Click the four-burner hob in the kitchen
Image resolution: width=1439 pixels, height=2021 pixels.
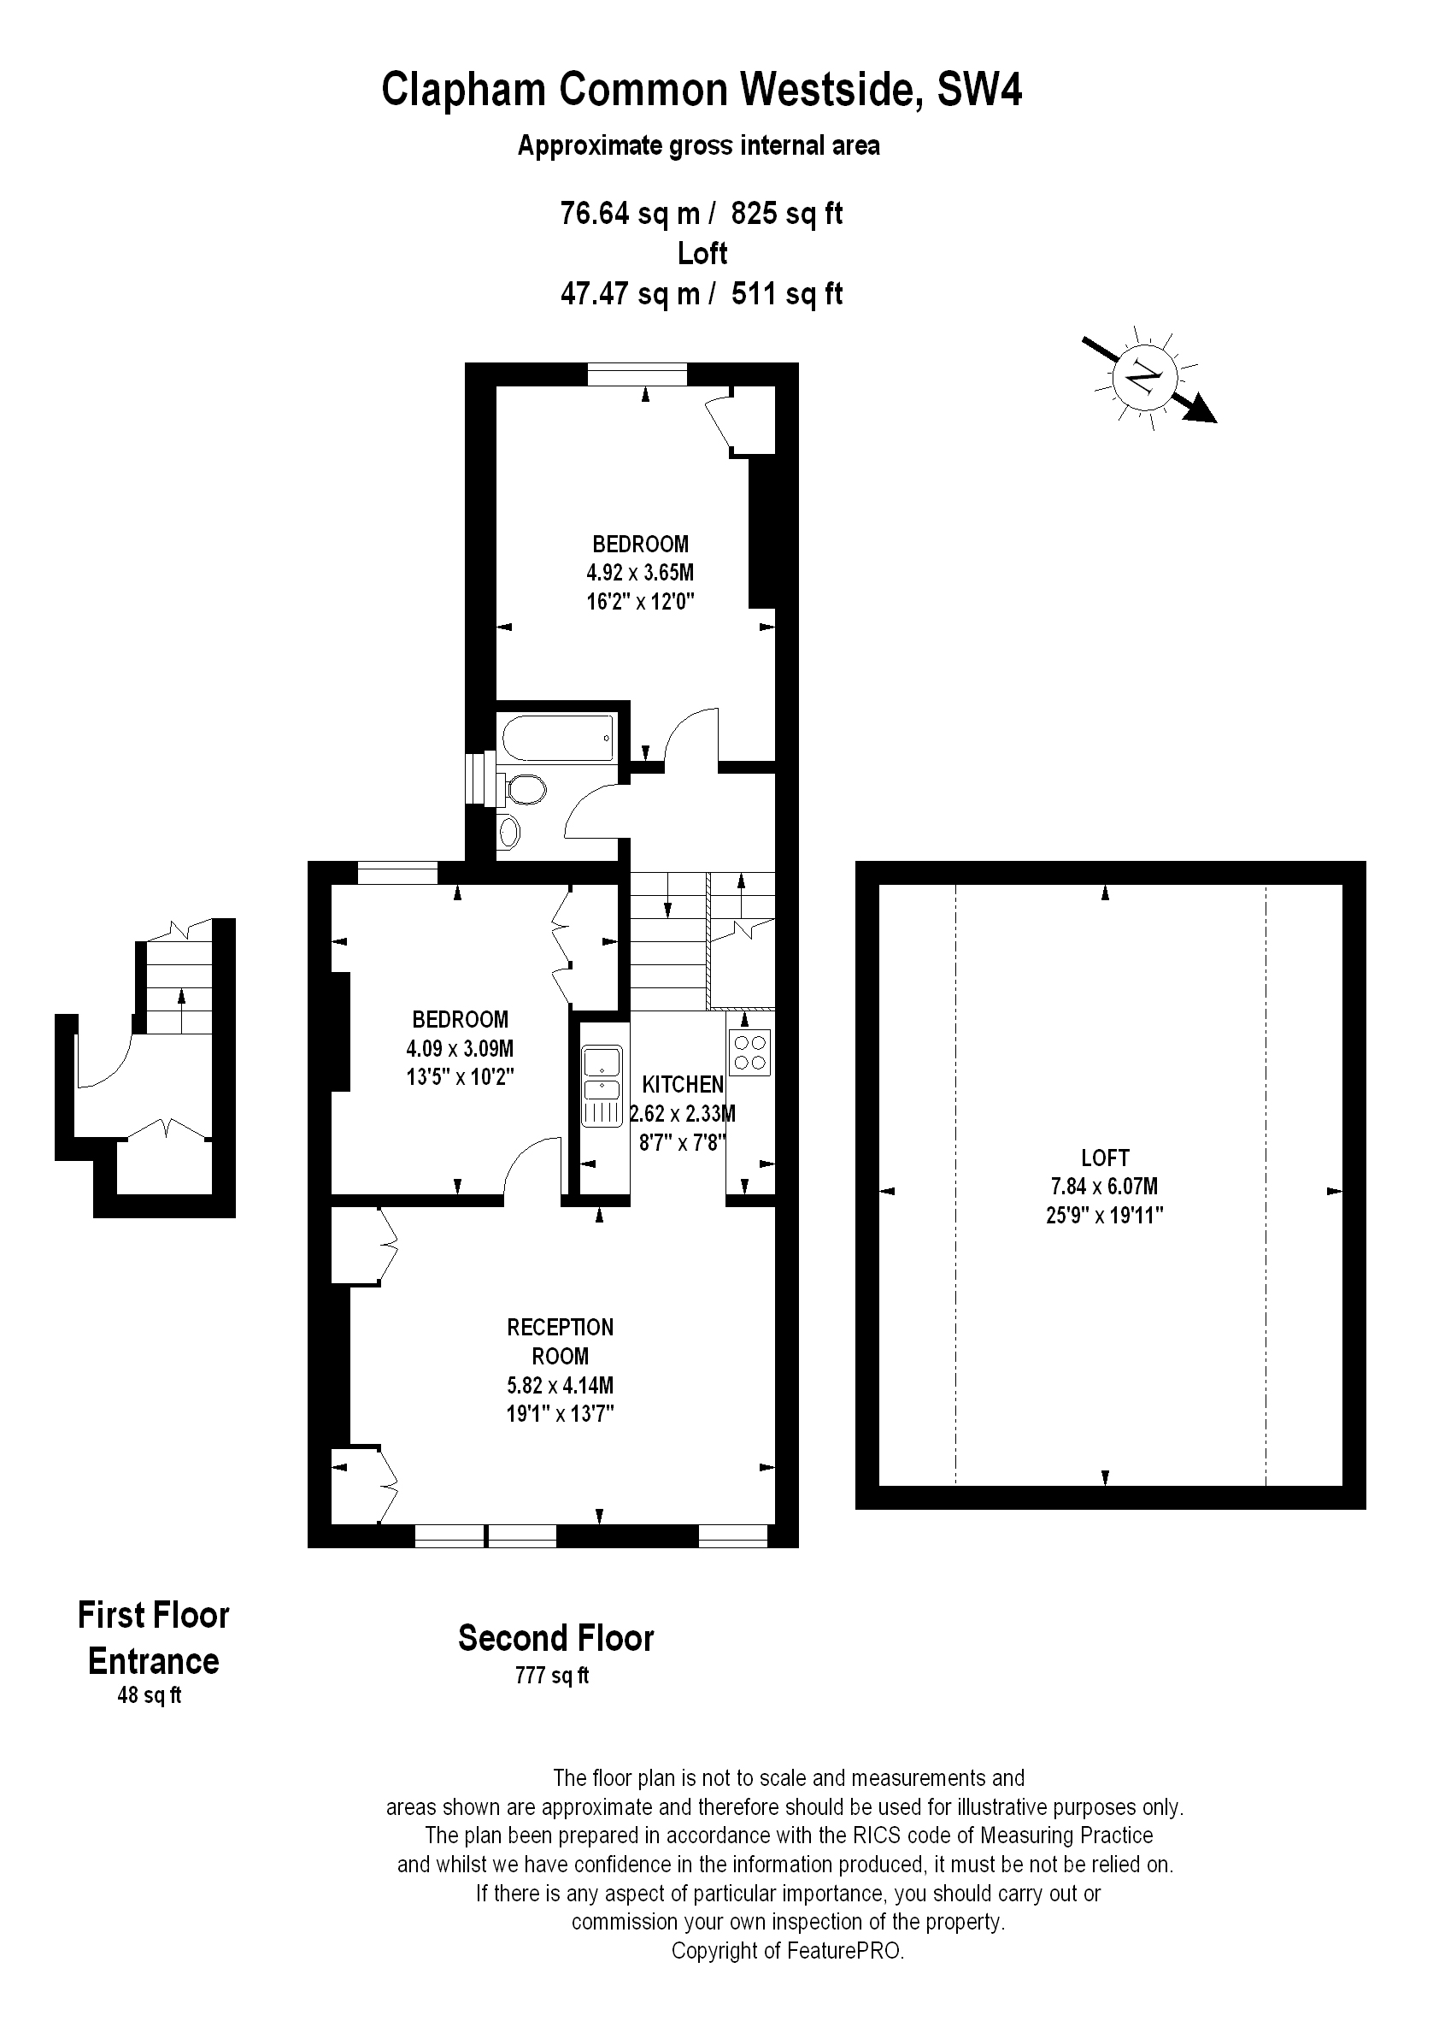point(749,1054)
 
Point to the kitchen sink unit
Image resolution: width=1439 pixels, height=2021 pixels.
point(602,1086)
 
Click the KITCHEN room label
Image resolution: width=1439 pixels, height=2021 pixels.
point(682,1084)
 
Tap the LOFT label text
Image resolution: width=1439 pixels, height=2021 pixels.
point(1105,1158)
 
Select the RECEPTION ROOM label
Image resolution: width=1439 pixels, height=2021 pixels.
point(560,1341)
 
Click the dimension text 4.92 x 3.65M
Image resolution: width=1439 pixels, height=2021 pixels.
point(640,573)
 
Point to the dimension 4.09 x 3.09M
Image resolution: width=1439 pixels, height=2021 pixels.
point(460,1049)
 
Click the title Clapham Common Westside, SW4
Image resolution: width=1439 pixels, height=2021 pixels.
point(702,90)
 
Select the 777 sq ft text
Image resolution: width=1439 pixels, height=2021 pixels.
point(552,1676)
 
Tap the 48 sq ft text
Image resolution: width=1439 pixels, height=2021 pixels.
point(150,1694)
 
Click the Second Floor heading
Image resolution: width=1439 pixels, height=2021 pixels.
point(555,1638)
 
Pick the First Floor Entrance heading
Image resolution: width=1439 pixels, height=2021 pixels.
point(153,1638)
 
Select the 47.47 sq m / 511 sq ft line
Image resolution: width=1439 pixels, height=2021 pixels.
point(702,293)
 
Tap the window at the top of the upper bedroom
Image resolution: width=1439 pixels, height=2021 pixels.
point(637,375)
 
